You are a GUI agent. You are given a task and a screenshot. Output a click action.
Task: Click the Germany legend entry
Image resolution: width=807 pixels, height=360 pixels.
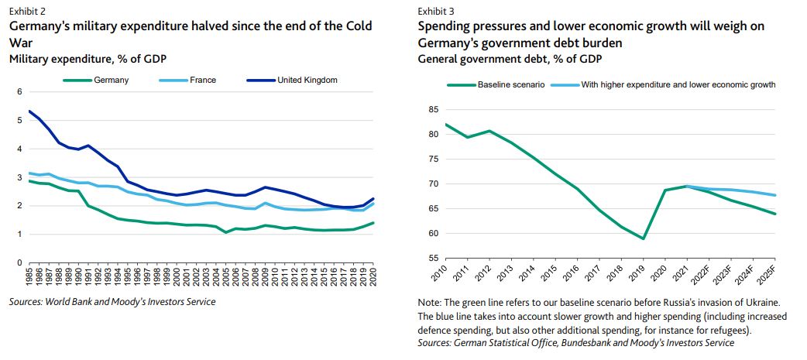coord(112,80)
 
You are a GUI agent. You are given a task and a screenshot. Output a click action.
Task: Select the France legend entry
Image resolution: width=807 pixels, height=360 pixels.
coord(202,80)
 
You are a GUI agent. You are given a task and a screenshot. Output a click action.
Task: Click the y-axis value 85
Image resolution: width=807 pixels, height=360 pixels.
coord(433,110)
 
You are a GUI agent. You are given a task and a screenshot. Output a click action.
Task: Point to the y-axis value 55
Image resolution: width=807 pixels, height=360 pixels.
coord(433,258)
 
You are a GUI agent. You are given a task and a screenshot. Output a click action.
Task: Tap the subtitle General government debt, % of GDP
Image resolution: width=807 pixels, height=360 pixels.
coord(510,58)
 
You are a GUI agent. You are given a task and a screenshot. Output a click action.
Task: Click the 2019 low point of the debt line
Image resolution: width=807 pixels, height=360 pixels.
coord(642,238)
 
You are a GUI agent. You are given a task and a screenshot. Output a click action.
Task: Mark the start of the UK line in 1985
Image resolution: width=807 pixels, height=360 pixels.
coord(29,111)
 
